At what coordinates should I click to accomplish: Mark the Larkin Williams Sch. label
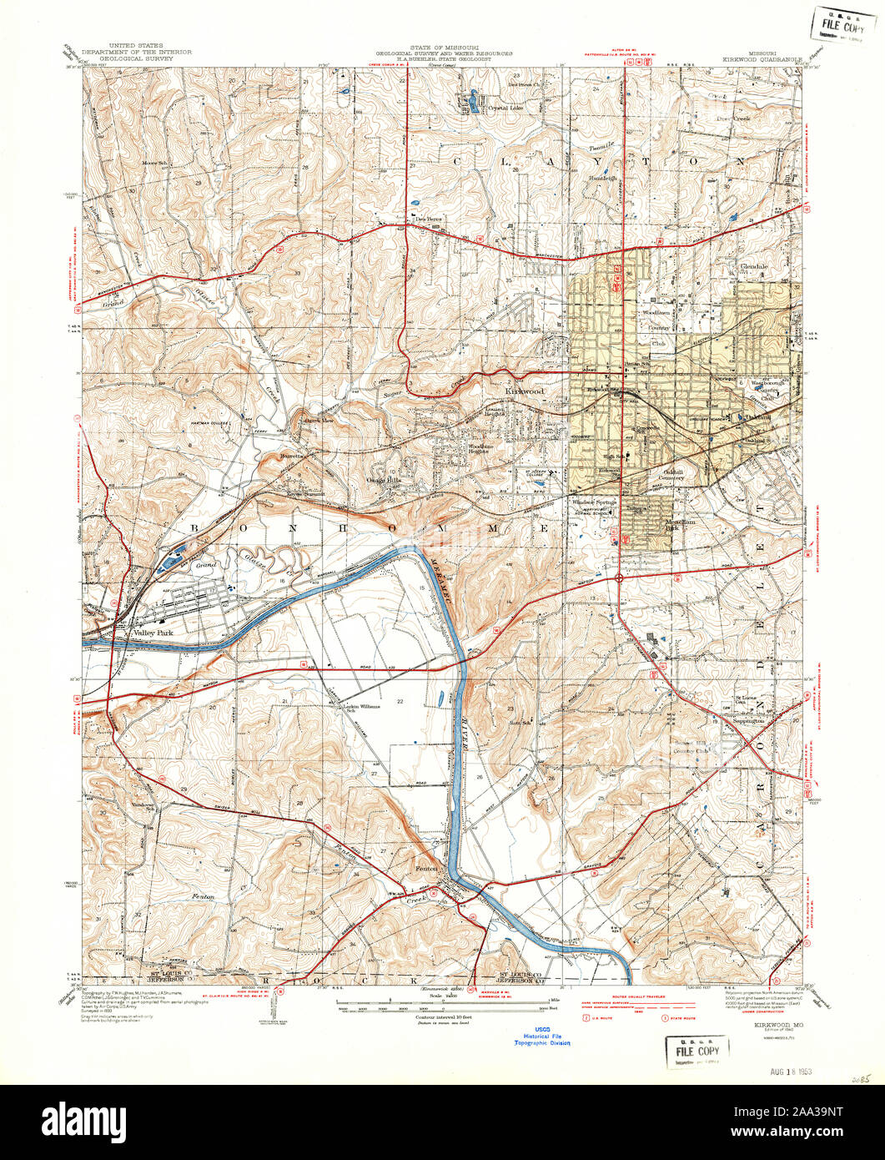pos(362,708)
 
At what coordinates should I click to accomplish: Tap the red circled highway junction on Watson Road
pos(619,577)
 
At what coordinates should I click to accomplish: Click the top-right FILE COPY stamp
pos(844,21)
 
